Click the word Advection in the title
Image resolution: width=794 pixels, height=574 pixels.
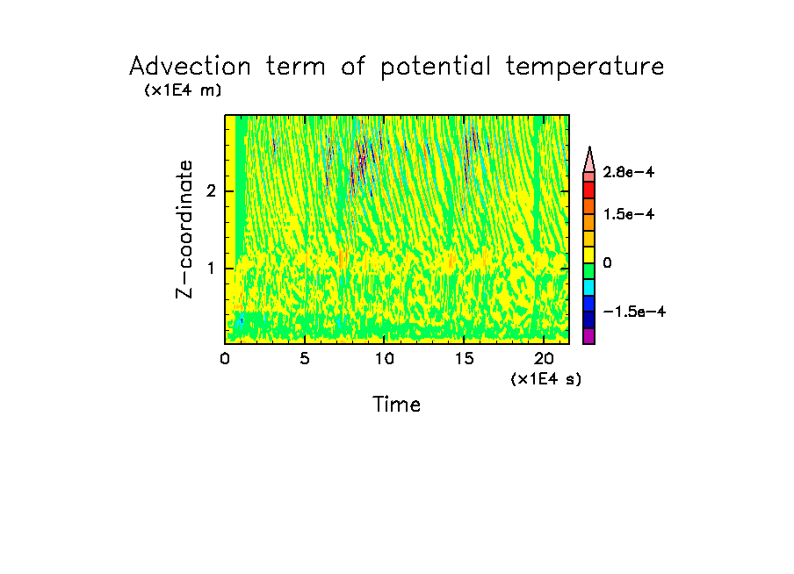pos(190,67)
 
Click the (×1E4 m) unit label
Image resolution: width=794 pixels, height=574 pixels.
pos(183,90)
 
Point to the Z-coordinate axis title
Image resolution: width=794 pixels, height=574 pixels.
pos(185,229)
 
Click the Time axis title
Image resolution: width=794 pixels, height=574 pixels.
pos(396,405)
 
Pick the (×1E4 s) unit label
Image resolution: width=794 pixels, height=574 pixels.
pos(545,379)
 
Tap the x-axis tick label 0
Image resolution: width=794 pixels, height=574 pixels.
pos(225,358)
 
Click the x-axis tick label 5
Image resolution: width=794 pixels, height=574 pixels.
pos(304,358)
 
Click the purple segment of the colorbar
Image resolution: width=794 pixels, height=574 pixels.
pos(588,336)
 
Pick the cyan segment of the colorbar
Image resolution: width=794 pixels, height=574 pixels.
pos(588,287)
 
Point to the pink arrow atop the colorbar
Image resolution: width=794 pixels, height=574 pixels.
pos(588,159)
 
